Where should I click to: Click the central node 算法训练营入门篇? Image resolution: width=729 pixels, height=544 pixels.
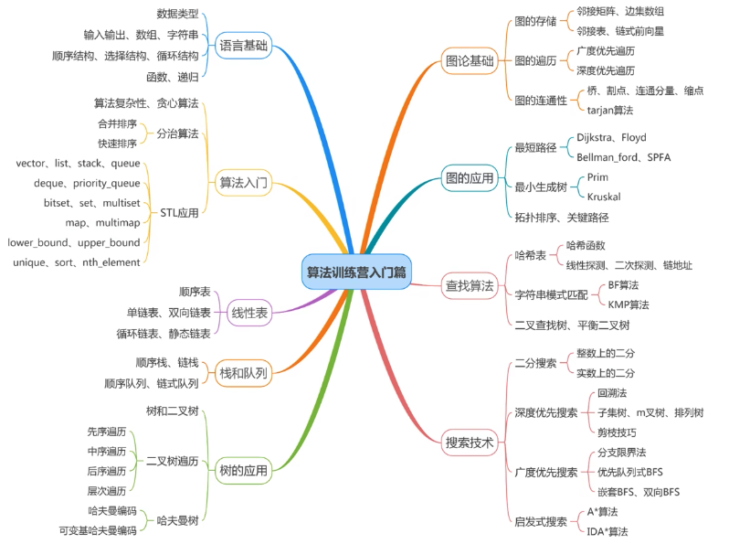click(x=357, y=272)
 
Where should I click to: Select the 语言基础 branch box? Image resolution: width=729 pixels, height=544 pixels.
click(x=244, y=45)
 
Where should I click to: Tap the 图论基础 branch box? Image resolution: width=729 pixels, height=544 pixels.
click(x=469, y=62)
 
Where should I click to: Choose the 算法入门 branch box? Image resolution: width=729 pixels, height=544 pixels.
click(x=244, y=182)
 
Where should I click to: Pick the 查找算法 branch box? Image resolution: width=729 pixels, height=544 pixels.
click(x=469, y=285)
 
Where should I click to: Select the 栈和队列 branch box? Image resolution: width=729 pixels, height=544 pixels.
click(x=244, y=373)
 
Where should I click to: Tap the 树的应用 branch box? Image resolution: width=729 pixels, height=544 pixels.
click(x=244, y=471)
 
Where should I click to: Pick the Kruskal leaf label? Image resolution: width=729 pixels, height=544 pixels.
click(x=605, y=196)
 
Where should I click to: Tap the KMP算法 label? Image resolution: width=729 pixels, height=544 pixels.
click(x=629, y=304)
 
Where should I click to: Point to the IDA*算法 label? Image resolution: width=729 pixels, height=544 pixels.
click(x=607, y=531)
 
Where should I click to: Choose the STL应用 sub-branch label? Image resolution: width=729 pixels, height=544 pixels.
click(x=179, y=213)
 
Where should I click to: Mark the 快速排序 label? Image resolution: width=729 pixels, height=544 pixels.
click(x=118, y=143)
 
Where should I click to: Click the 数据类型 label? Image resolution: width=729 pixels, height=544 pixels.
click(x=177, y=15)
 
